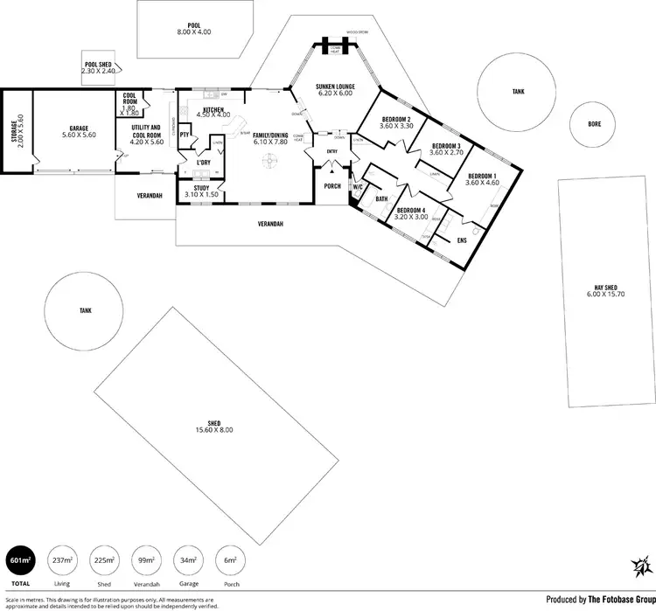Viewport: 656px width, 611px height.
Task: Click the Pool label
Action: click(193, 25)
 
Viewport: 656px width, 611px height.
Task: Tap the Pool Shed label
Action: click(98, 64)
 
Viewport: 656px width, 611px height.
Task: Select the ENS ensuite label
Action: click(462, 240)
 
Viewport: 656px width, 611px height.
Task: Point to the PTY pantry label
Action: click(185, 135)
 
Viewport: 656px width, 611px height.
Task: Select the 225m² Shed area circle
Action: click(104, 559)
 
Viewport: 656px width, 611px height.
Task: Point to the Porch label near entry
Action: click(332, 184)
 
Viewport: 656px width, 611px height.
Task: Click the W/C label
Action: click(357, 186)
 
